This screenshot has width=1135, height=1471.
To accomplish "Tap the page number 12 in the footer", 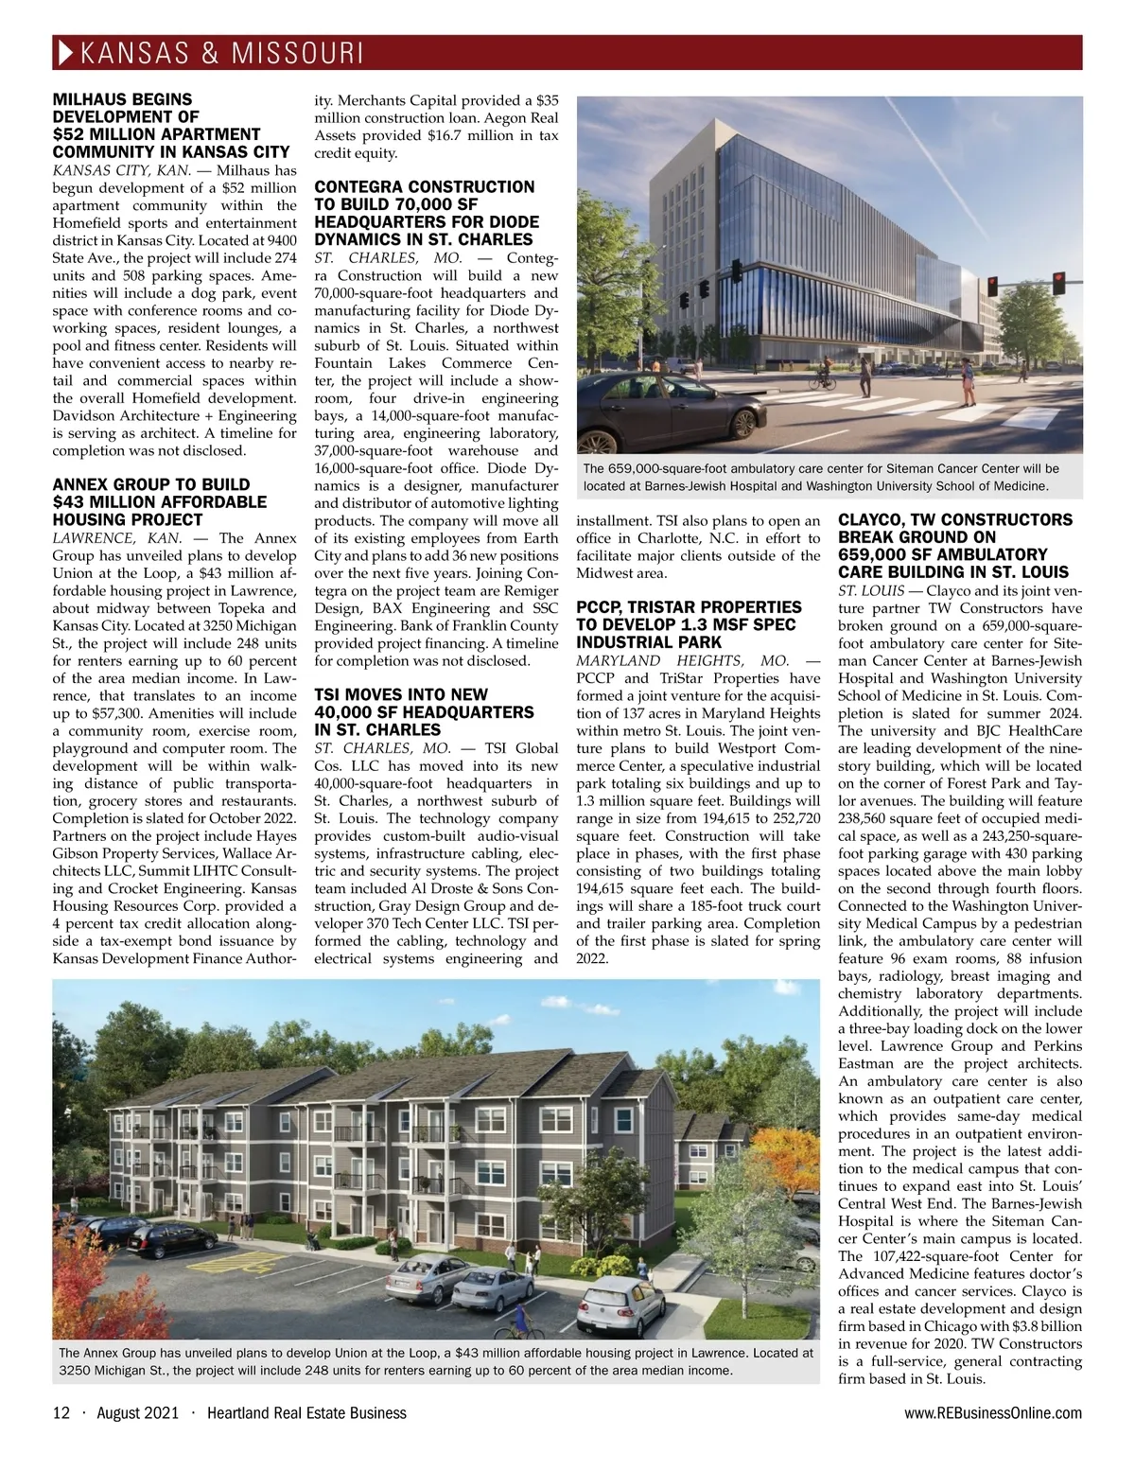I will click(x=61, y=1413).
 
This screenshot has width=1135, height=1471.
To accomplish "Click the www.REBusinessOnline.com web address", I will click(x=993, y=1413).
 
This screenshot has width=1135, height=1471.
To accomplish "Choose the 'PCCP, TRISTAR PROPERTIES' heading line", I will click(x=688, y=606).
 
